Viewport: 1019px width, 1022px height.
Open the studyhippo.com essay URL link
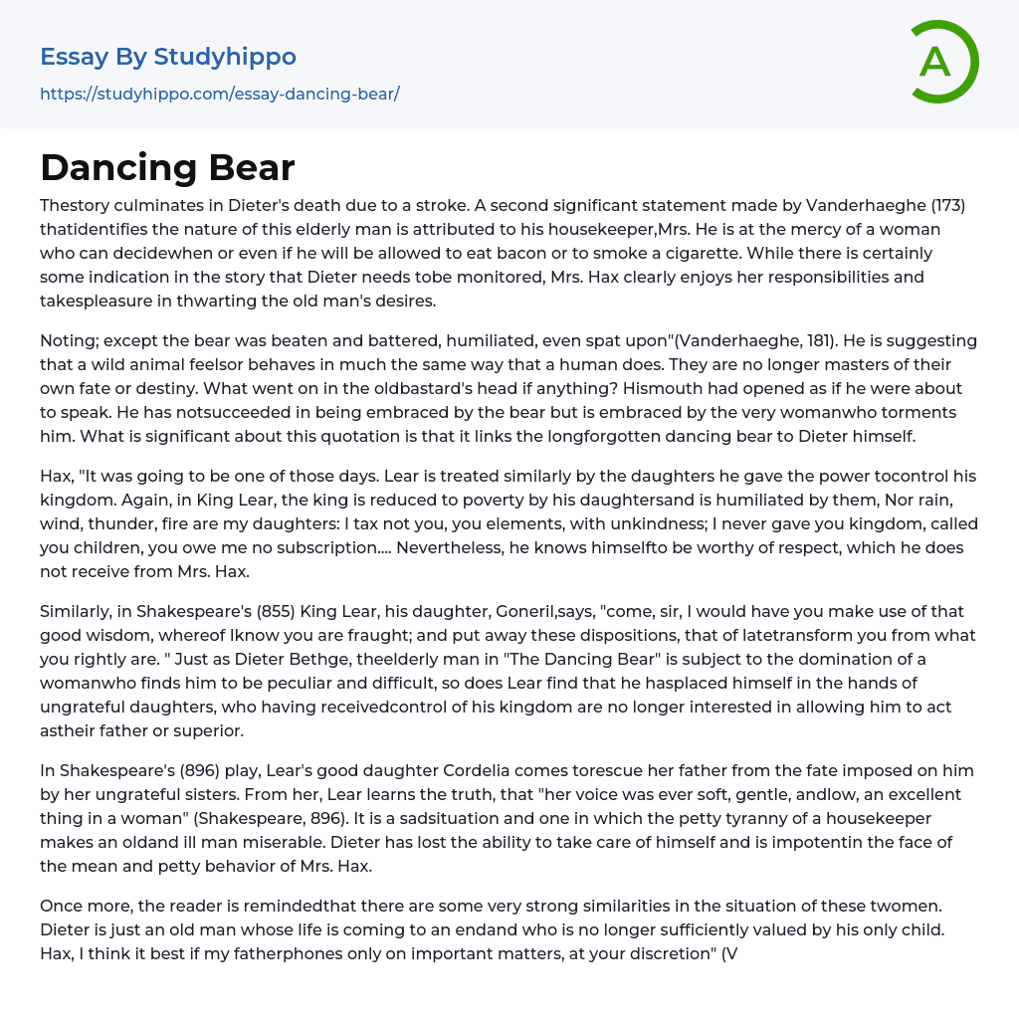(x=219, y=95)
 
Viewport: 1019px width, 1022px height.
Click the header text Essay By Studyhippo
(x=168, y=57)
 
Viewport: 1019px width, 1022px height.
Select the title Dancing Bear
(x=167, y=168)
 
